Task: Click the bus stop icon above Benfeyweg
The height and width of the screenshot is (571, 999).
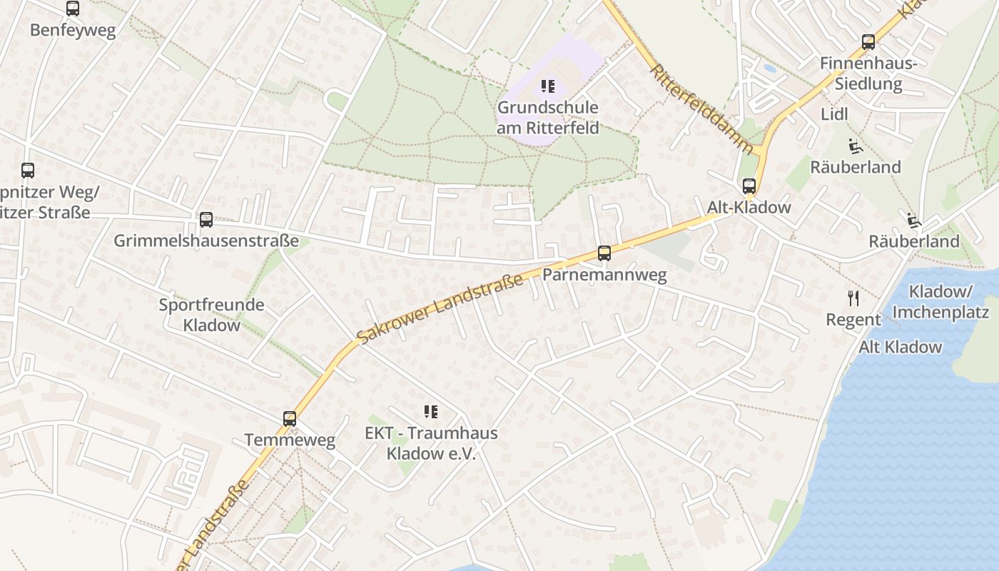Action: pyautogui.click(x=72, y=9)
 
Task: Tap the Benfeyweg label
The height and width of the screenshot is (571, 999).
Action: pyautogui.click(x=72, y=31)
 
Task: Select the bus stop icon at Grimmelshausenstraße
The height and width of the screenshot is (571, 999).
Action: pyautogui.click(x=206, y=219)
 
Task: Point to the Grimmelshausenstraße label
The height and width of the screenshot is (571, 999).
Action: pyautogui.click(x=206, y=241)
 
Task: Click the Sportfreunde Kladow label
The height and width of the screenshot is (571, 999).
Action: pyautogui.click(x=211, y=315)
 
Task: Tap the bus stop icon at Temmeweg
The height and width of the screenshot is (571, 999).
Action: pyautogui.click(x=290, y=419)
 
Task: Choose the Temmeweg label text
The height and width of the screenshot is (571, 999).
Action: pyautogui.click(x=290, y=440)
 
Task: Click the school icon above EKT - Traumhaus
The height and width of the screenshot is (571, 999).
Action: pyautogui.click(x=430, y=411)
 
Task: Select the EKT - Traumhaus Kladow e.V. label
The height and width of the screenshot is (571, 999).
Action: pyautogui.click(x=431, y=443)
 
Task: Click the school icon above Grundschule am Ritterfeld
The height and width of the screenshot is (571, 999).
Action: pyautogui.click(x=547, y=87)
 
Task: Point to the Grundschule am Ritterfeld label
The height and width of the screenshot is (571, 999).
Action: pyautogui.click(x=548, y=118)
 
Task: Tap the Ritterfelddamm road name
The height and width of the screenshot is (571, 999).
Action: pyautogui.click(x=701, y=110)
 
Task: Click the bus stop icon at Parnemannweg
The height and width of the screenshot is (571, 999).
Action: pyautogui.click(x=604, y=253)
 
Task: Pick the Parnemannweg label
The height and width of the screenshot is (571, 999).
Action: pyautogui.click(x=604, y=275)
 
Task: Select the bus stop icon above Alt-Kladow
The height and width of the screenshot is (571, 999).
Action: pyautogui.click(x=749, y=186)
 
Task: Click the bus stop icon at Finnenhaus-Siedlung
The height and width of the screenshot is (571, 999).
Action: pyautogui.click(x=868, y=42)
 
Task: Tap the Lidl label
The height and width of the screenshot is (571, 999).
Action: pyautogui.click(x=834, y=114)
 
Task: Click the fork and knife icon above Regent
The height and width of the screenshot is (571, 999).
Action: pyautogui.click(x=853, y=298)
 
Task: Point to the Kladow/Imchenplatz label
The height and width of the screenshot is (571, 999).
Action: pyautogui.click(x=940, y=302)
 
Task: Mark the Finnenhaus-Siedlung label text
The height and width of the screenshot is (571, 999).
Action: pyautogui.click(x=868, y=74)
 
